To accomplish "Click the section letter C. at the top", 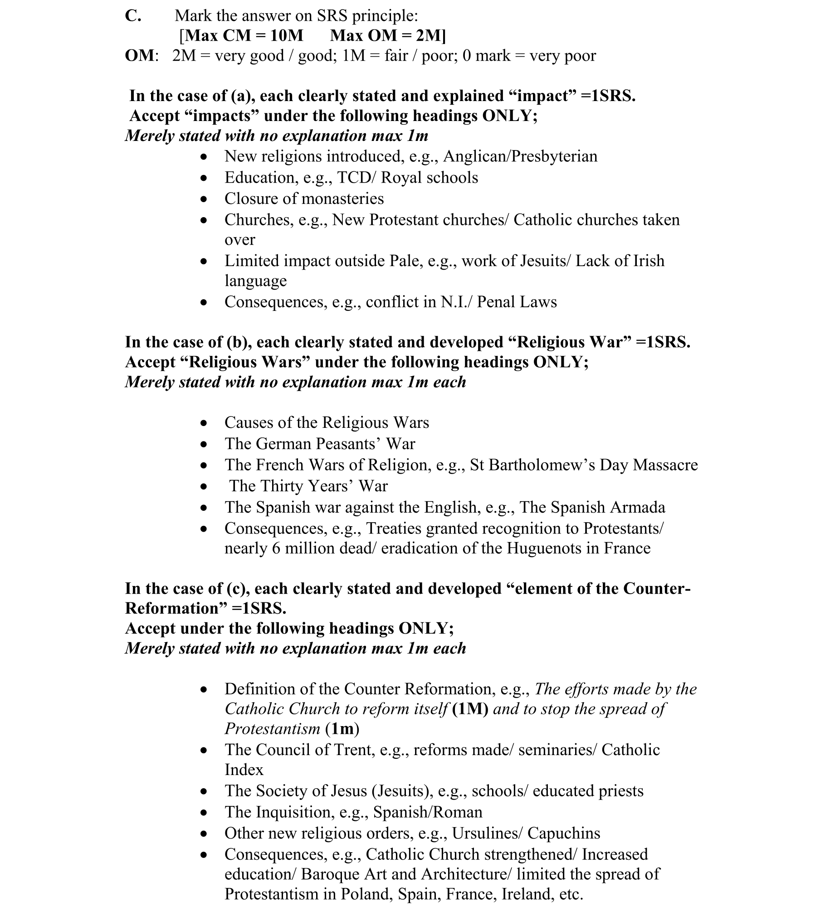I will click(133, 15).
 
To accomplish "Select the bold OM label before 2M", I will click(140, 55).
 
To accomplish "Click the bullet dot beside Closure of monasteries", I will click(205, 199).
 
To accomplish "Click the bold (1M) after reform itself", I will click(470, 709).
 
